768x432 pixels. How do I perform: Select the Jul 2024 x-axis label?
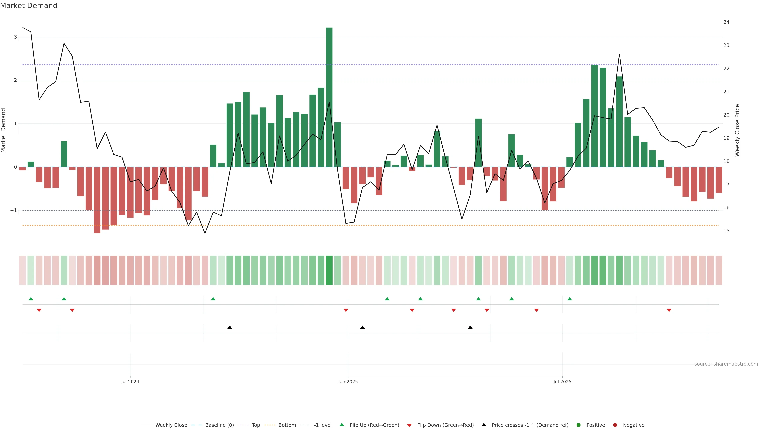pos(130,382)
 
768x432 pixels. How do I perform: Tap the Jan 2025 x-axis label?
pos(348,382)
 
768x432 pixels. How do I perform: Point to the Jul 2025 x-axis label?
pos(562,382)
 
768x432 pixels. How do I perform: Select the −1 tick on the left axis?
pos(14,210)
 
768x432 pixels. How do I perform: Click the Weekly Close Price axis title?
pos(737,130)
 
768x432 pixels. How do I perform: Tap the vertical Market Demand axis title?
pos(4,130)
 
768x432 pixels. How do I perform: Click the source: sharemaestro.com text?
pos(726,364)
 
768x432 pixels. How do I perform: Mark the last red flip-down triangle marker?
pos(669,310)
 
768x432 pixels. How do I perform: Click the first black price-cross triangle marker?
pos(230,327)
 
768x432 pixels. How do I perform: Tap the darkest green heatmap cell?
pos(329,270)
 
